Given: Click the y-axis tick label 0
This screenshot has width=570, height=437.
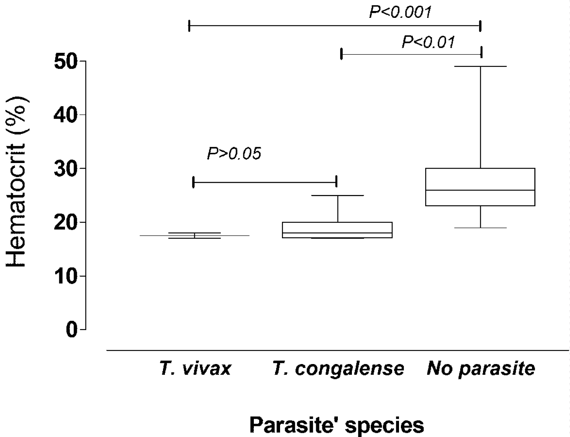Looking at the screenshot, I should pos(71,330).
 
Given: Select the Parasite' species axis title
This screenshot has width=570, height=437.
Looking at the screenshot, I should pos(337,425).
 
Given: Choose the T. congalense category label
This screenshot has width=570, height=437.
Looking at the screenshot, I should pos(338,369).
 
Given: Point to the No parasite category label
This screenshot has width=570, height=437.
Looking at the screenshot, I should pos(481,369).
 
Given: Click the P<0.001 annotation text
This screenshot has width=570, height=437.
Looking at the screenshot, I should pos(400,12).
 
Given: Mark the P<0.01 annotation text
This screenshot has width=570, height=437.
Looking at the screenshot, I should pos(428,42).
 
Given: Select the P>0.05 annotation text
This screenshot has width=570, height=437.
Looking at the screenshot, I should pos(234,154).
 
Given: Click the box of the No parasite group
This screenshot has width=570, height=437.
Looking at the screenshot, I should pos(480,179).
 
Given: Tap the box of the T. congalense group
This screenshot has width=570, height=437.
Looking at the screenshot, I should pos(337,227).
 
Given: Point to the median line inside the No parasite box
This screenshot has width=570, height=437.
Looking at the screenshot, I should pos(480,190).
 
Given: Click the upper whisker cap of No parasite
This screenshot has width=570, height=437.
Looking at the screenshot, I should pos(480,66).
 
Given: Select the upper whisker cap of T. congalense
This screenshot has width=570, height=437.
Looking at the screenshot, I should pos(338,195).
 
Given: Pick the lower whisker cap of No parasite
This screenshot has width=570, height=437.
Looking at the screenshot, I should pos(480,228).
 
